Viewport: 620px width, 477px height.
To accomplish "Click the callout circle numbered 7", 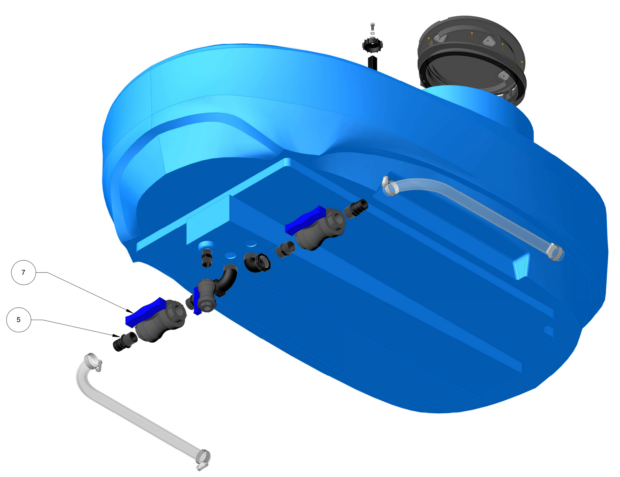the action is coord(24,272).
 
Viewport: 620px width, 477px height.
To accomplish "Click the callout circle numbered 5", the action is coord(19,320).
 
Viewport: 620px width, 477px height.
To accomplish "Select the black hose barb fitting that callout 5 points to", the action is coord(125,341).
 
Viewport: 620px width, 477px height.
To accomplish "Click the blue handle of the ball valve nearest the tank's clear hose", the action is coord(305,220).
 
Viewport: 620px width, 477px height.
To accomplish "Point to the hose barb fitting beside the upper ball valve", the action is coord(356,209).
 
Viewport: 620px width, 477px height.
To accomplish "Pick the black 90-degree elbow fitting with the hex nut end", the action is coord(257,262).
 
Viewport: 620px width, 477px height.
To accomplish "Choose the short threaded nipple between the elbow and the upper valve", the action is coord(285,249).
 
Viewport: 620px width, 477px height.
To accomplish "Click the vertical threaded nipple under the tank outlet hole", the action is coord(207,258).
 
